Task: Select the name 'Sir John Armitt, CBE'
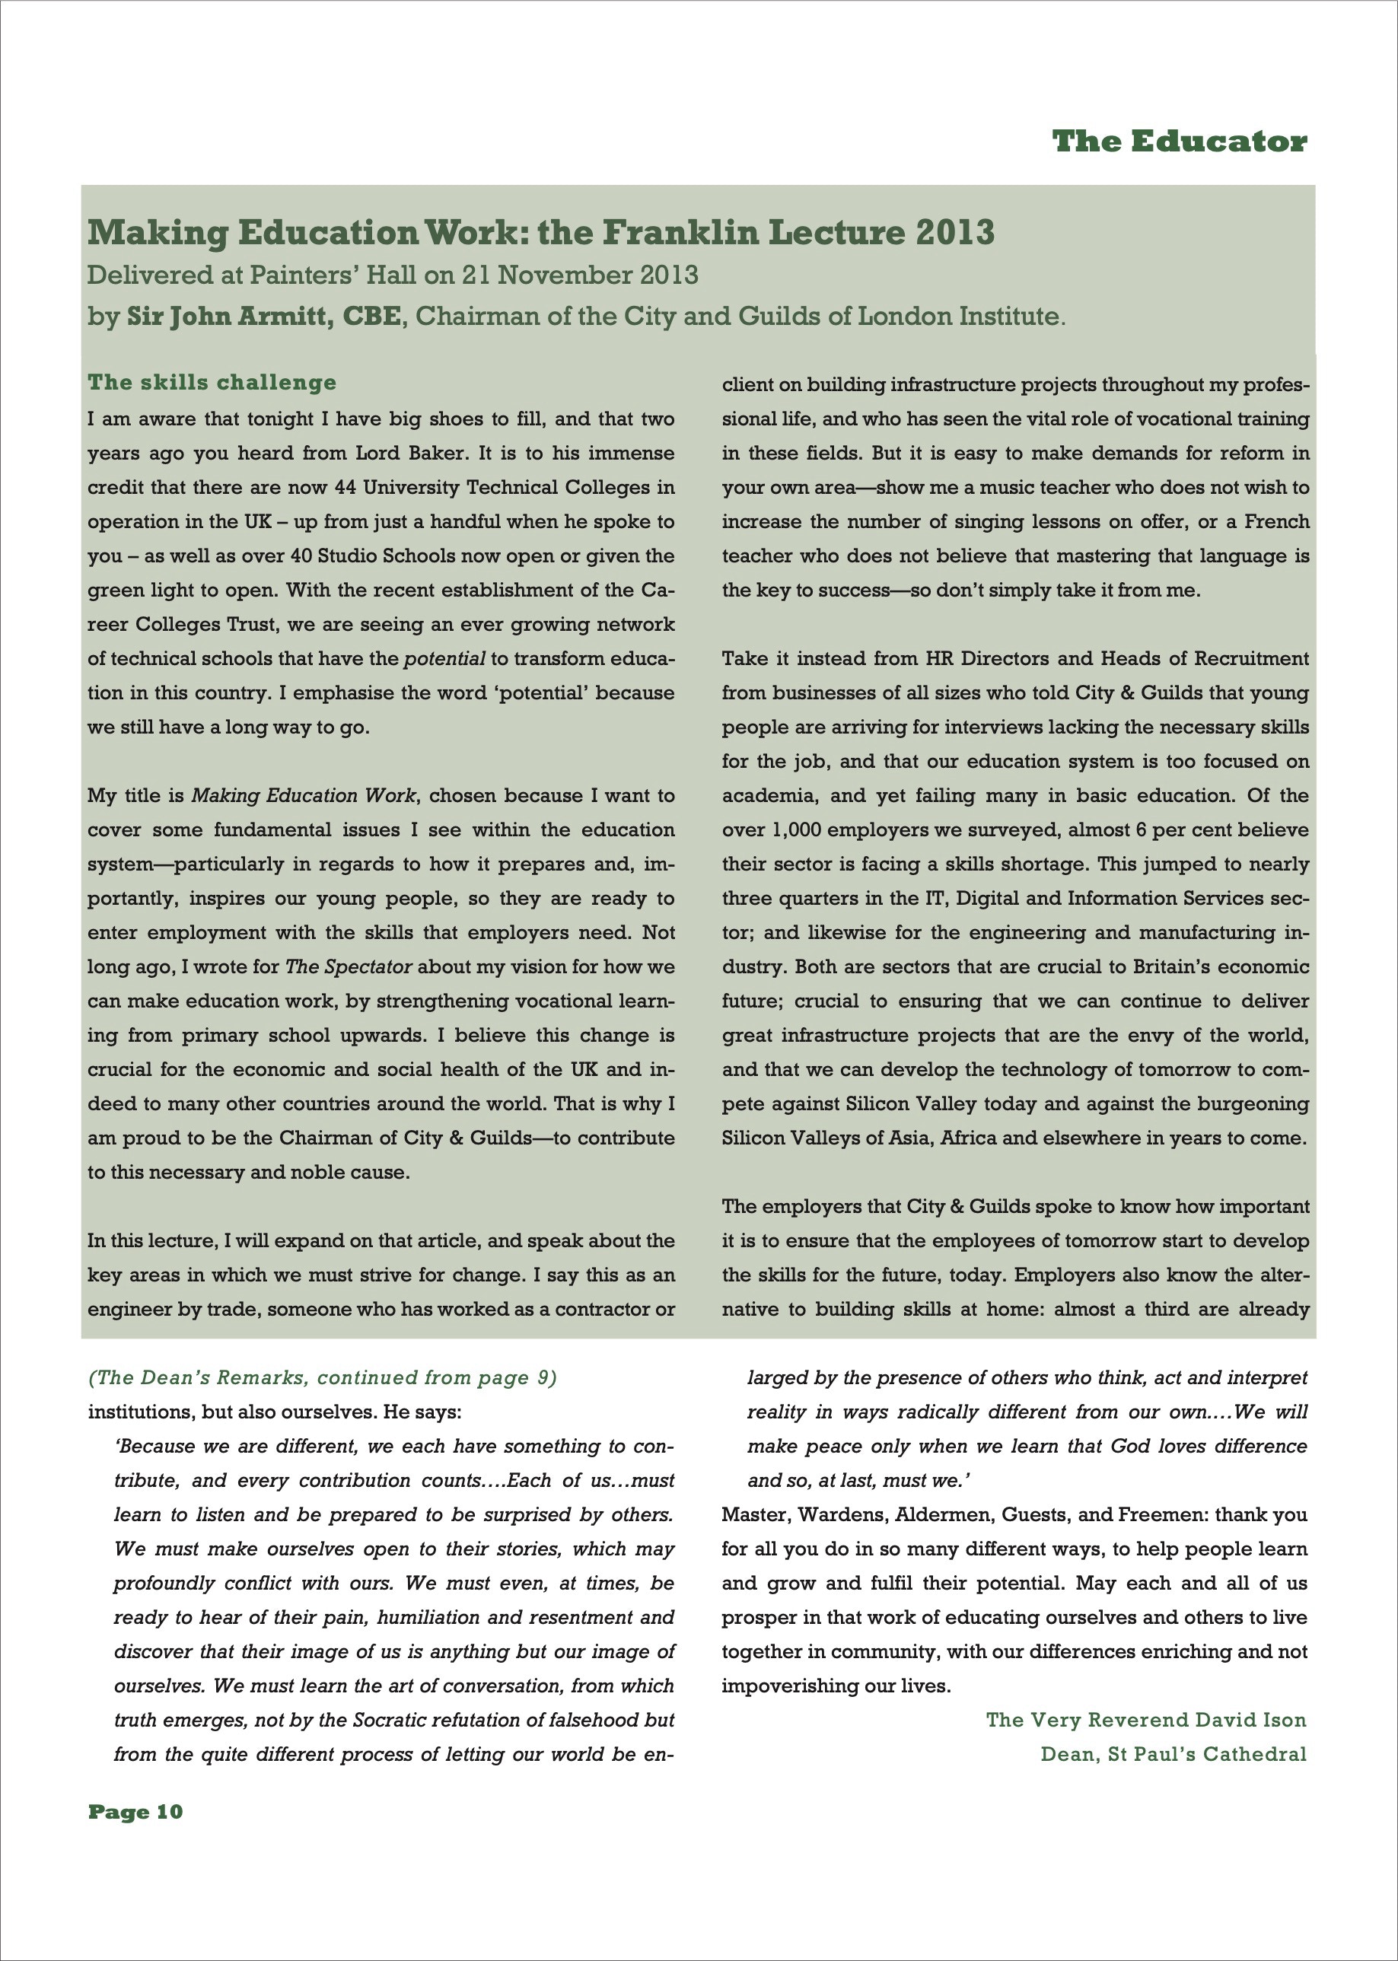click(263, 316)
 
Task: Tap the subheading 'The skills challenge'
click(212, 381)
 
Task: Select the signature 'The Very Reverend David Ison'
click(1146, 1720)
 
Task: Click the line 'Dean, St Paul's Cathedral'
click(1173, 1754)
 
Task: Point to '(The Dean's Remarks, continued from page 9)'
click(323, 1377)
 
